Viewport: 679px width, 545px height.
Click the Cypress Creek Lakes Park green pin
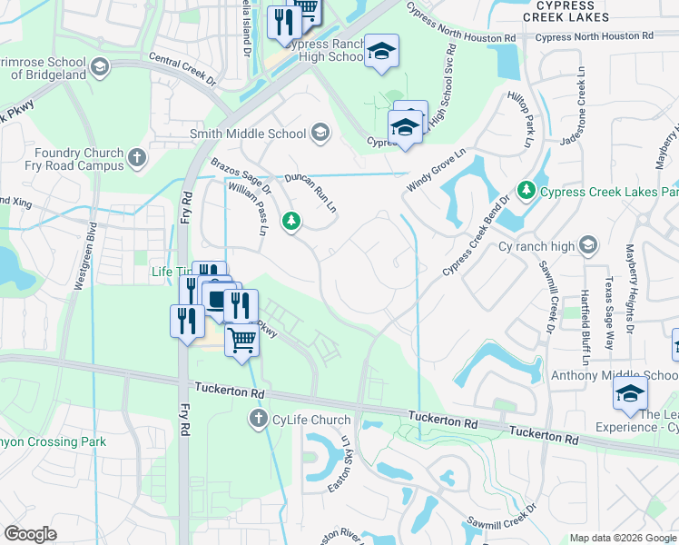coord(526,191)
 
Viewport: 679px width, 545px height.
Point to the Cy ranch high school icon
coord(588,245)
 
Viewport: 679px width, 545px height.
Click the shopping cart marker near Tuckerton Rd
coord(241,342)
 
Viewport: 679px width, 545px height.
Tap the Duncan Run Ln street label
coord(311,193)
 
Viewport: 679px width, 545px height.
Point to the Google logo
coord(30,535)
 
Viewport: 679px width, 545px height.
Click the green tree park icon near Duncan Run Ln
coord(291,221)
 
